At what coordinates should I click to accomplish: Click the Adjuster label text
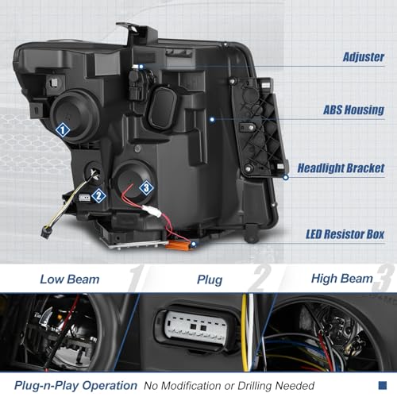(x=363, y=57)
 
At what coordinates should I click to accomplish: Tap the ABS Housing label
(x=353, y=110)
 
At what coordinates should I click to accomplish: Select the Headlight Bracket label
(x=341, y=168)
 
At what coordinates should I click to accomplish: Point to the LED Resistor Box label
(x=345, y=234)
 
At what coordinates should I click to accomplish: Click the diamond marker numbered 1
(x=63, y=130)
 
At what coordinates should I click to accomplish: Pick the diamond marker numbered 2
(x=98, y=196)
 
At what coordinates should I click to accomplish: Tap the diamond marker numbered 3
(x=146, y=188)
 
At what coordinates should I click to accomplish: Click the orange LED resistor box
(x=179, y=245)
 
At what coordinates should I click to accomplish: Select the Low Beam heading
(x=70, y=279)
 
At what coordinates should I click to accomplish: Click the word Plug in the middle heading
(x=210, y=280)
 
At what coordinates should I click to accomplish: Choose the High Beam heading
(x=342, y=279)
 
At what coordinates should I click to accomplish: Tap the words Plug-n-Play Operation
(x=76, y=386)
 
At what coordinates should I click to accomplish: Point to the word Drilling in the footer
(x=255, y=386)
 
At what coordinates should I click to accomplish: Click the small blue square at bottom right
(x=383, y=385)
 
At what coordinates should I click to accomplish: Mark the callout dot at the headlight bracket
(x=286, y=177)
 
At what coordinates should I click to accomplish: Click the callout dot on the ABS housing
(x=212, y=120)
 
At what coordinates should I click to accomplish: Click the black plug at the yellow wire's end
(x=46, y=233)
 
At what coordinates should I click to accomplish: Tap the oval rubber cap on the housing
(x=163, y=108)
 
